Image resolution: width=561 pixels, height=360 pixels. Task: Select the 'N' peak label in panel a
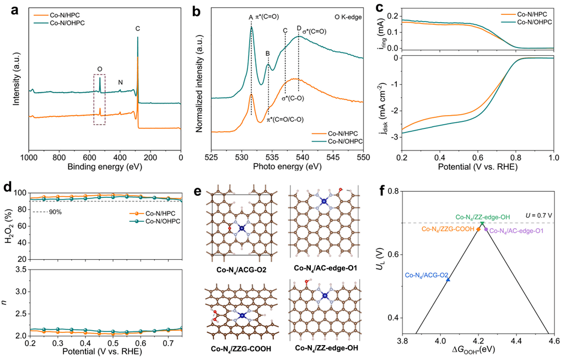pos(121,83)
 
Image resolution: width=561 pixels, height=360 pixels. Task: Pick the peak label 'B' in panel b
pos(268,53)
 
